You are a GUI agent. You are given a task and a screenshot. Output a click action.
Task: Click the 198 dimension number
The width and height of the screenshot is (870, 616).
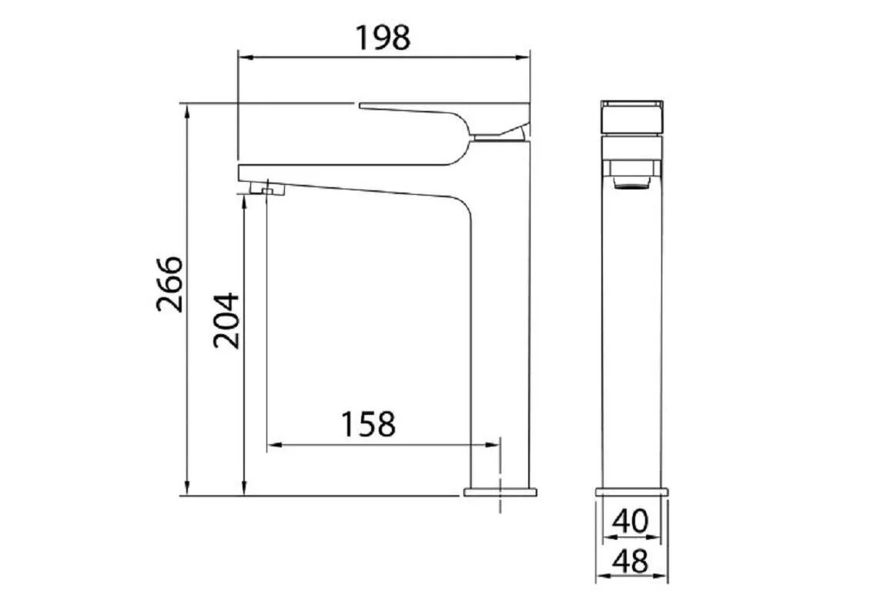point(383,38)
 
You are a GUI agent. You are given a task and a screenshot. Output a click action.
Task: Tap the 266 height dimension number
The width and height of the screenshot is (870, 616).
point(169,284)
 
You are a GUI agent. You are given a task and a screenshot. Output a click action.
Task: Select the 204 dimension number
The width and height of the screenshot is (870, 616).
point(226,320)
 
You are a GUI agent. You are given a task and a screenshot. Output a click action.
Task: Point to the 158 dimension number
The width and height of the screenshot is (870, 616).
point(368,424)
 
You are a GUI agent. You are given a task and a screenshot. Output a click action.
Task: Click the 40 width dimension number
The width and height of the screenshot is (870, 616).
point(631,521)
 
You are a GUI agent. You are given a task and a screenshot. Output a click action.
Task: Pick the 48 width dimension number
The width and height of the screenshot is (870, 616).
point(631,561)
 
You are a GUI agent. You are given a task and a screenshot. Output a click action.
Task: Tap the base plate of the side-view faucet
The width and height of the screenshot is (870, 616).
point(500,492)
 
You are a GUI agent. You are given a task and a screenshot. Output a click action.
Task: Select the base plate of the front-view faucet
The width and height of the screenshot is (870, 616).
point(631,492)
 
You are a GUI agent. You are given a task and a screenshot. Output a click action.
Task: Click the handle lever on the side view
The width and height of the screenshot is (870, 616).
point(444,119)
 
